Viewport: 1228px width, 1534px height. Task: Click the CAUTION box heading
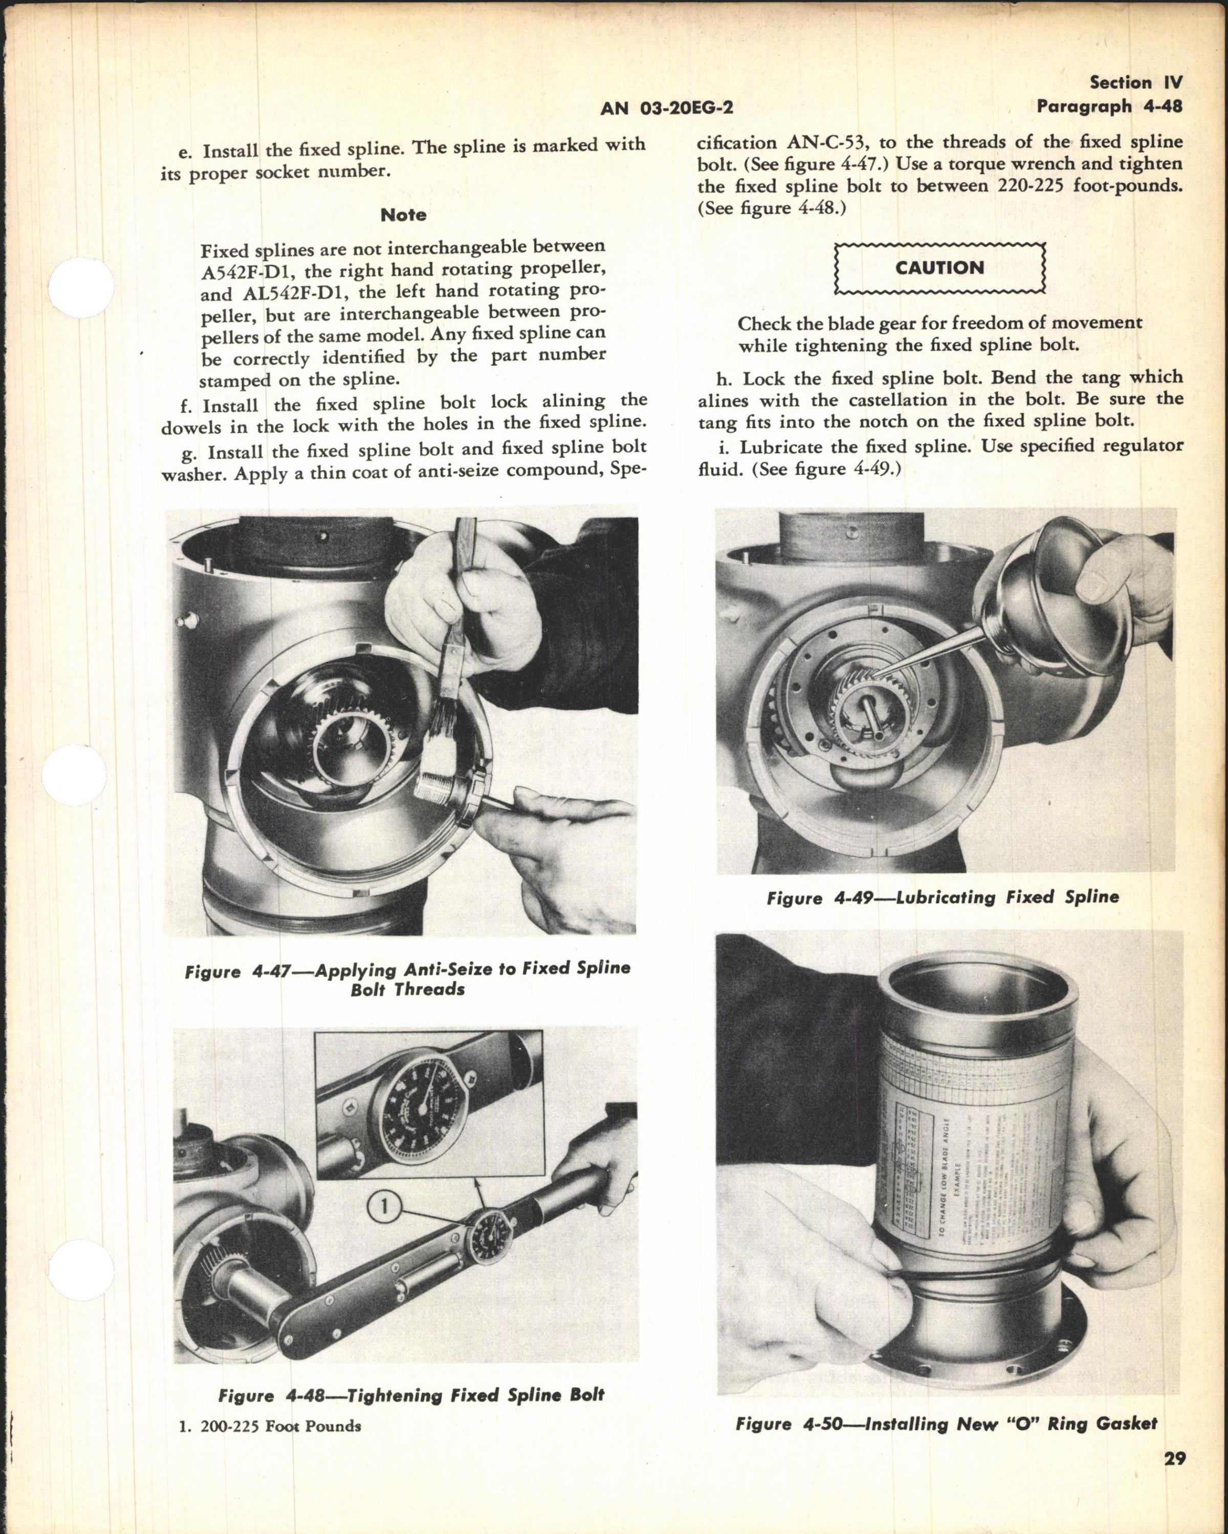[x=940, y=268]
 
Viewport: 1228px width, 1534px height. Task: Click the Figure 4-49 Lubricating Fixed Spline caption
[x=942, y=897]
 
